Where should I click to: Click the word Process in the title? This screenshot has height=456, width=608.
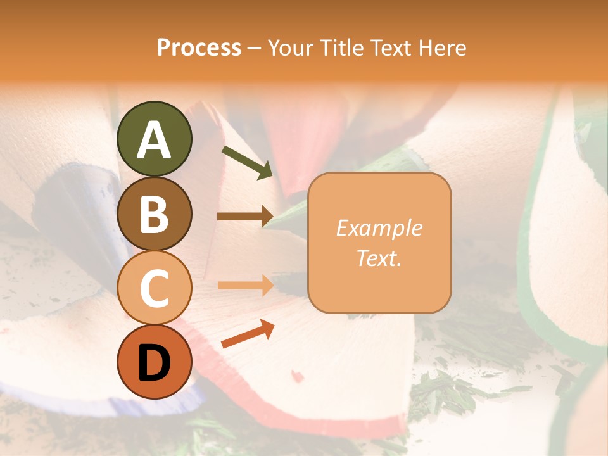pyautogui.click(x=199, y=48)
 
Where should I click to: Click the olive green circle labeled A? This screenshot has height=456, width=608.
pyautogui.click(x=154, y=139)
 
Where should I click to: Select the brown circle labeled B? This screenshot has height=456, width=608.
pyautogui.click(x=154, y=213)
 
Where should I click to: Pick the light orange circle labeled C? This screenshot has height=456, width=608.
pyautogui.click(x=154, y=288)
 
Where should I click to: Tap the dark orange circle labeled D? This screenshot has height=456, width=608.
pyautogui.click(x=154, y=362)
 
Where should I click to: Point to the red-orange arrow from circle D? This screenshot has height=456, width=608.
pyautogui.click(x=248, y=334)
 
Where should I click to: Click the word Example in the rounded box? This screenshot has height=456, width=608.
pyautogui.click(x=379, y=228)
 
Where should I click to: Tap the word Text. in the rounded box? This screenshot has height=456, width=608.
pyautogui.click(x=379, y=258)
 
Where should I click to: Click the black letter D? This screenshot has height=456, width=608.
pyautogui.click(x=154, y=363)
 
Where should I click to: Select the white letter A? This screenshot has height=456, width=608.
pyautogui.click(x=154, y=139)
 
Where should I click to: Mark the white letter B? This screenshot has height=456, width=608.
pyautogui.click(x=154, y=214)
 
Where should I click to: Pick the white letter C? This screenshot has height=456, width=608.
pyautogui.click(x=154, y=288)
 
